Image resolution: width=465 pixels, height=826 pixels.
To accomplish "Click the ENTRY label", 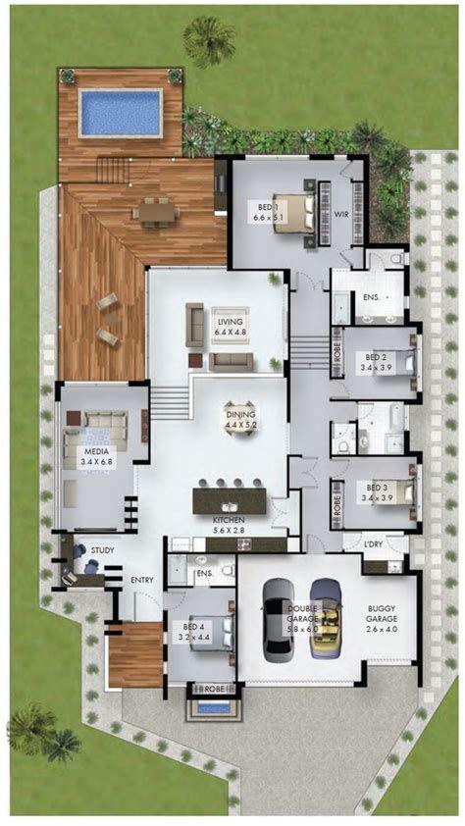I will [142, 580].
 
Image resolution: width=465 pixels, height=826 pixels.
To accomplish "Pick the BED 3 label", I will [377, 490].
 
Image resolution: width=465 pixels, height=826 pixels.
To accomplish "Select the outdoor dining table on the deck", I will [156, 211].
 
